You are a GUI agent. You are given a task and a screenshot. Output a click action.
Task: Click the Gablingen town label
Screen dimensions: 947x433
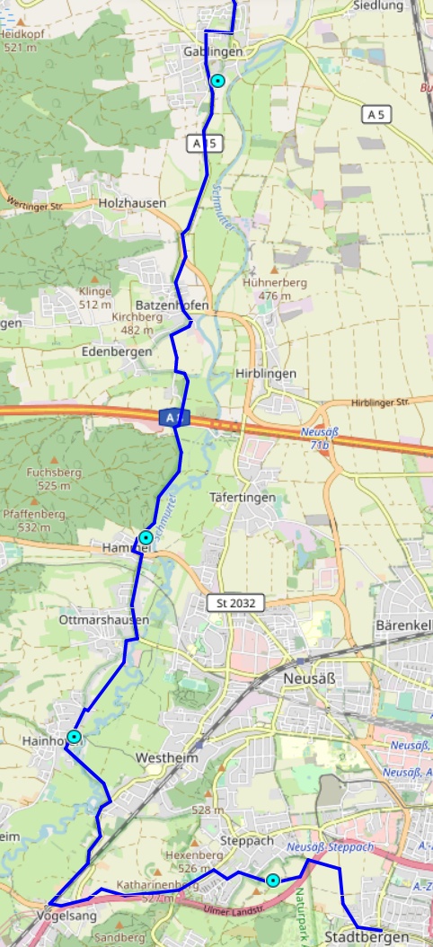click(213, 52)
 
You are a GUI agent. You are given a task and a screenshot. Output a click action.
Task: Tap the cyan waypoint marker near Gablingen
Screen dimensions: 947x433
click(217, 81)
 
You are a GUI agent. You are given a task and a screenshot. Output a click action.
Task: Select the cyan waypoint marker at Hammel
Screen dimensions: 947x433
click(146, 537)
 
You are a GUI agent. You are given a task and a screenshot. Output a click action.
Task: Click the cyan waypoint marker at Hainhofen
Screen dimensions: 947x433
click(75, 737)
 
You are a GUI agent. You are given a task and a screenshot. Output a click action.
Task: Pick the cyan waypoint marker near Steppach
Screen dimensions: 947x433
click(272, 881)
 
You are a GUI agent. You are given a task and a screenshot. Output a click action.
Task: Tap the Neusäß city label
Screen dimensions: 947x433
click(308, 677)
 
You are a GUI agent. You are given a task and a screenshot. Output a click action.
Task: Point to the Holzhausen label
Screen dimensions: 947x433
click(134, 203)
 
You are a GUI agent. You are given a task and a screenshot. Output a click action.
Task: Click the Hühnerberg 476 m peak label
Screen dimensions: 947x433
click(275, 288)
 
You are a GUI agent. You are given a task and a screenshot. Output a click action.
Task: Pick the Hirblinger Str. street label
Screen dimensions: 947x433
click(380, 403)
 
